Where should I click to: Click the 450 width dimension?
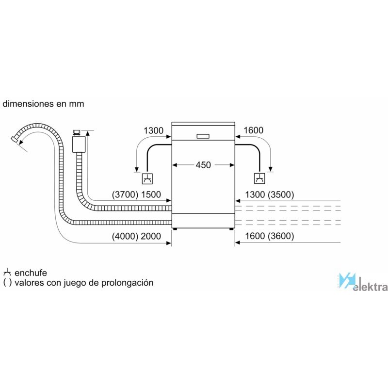203,165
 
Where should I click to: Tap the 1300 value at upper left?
153,130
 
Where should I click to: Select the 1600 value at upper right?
253,130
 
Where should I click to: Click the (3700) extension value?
125,195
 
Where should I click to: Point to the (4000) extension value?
125,236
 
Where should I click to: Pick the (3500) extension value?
281,195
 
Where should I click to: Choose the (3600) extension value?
281,236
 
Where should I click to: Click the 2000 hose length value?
151,236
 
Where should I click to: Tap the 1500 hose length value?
151,195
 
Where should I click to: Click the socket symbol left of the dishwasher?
147,178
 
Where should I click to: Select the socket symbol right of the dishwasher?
259,178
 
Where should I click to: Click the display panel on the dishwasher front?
203,136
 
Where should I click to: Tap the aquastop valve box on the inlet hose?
79,144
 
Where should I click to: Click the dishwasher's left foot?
175,229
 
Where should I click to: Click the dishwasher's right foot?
231,229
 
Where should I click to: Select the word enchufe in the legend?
31,273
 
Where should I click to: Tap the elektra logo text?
370,287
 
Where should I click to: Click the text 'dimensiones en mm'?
43,104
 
